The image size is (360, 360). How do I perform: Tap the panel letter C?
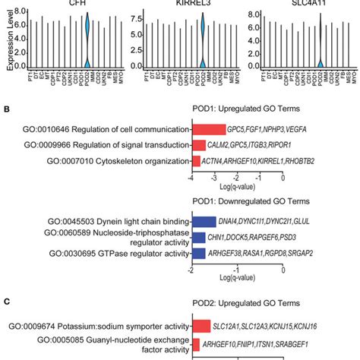click(6, 302)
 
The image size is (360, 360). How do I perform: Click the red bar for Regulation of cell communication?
click(209, 129)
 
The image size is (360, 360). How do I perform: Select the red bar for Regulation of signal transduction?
click(200, 145)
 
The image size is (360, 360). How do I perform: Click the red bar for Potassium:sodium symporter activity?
click(201, 327)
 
